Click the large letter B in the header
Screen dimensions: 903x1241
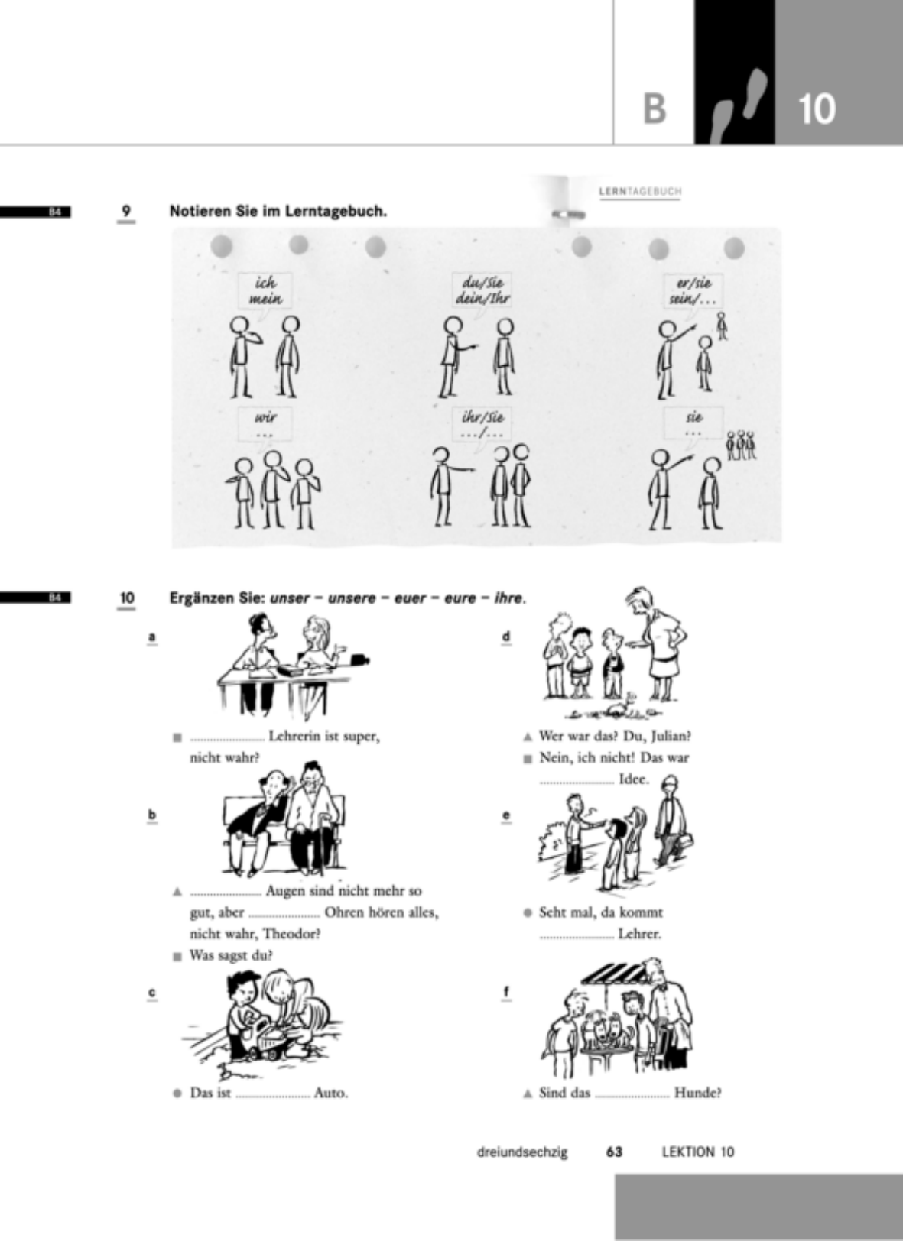[654, 109]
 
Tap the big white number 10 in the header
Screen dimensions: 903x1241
[817, 109]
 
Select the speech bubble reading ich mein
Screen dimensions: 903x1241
[265, 291]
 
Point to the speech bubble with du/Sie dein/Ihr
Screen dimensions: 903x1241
[481, 291]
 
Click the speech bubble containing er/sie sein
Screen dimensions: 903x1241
[694, 291]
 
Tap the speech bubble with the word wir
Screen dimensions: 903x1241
[265, 424]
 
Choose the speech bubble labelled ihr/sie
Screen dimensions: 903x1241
[481, 424]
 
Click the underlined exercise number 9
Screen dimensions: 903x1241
[126, 211]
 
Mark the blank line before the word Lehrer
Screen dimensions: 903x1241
[577, 938]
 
